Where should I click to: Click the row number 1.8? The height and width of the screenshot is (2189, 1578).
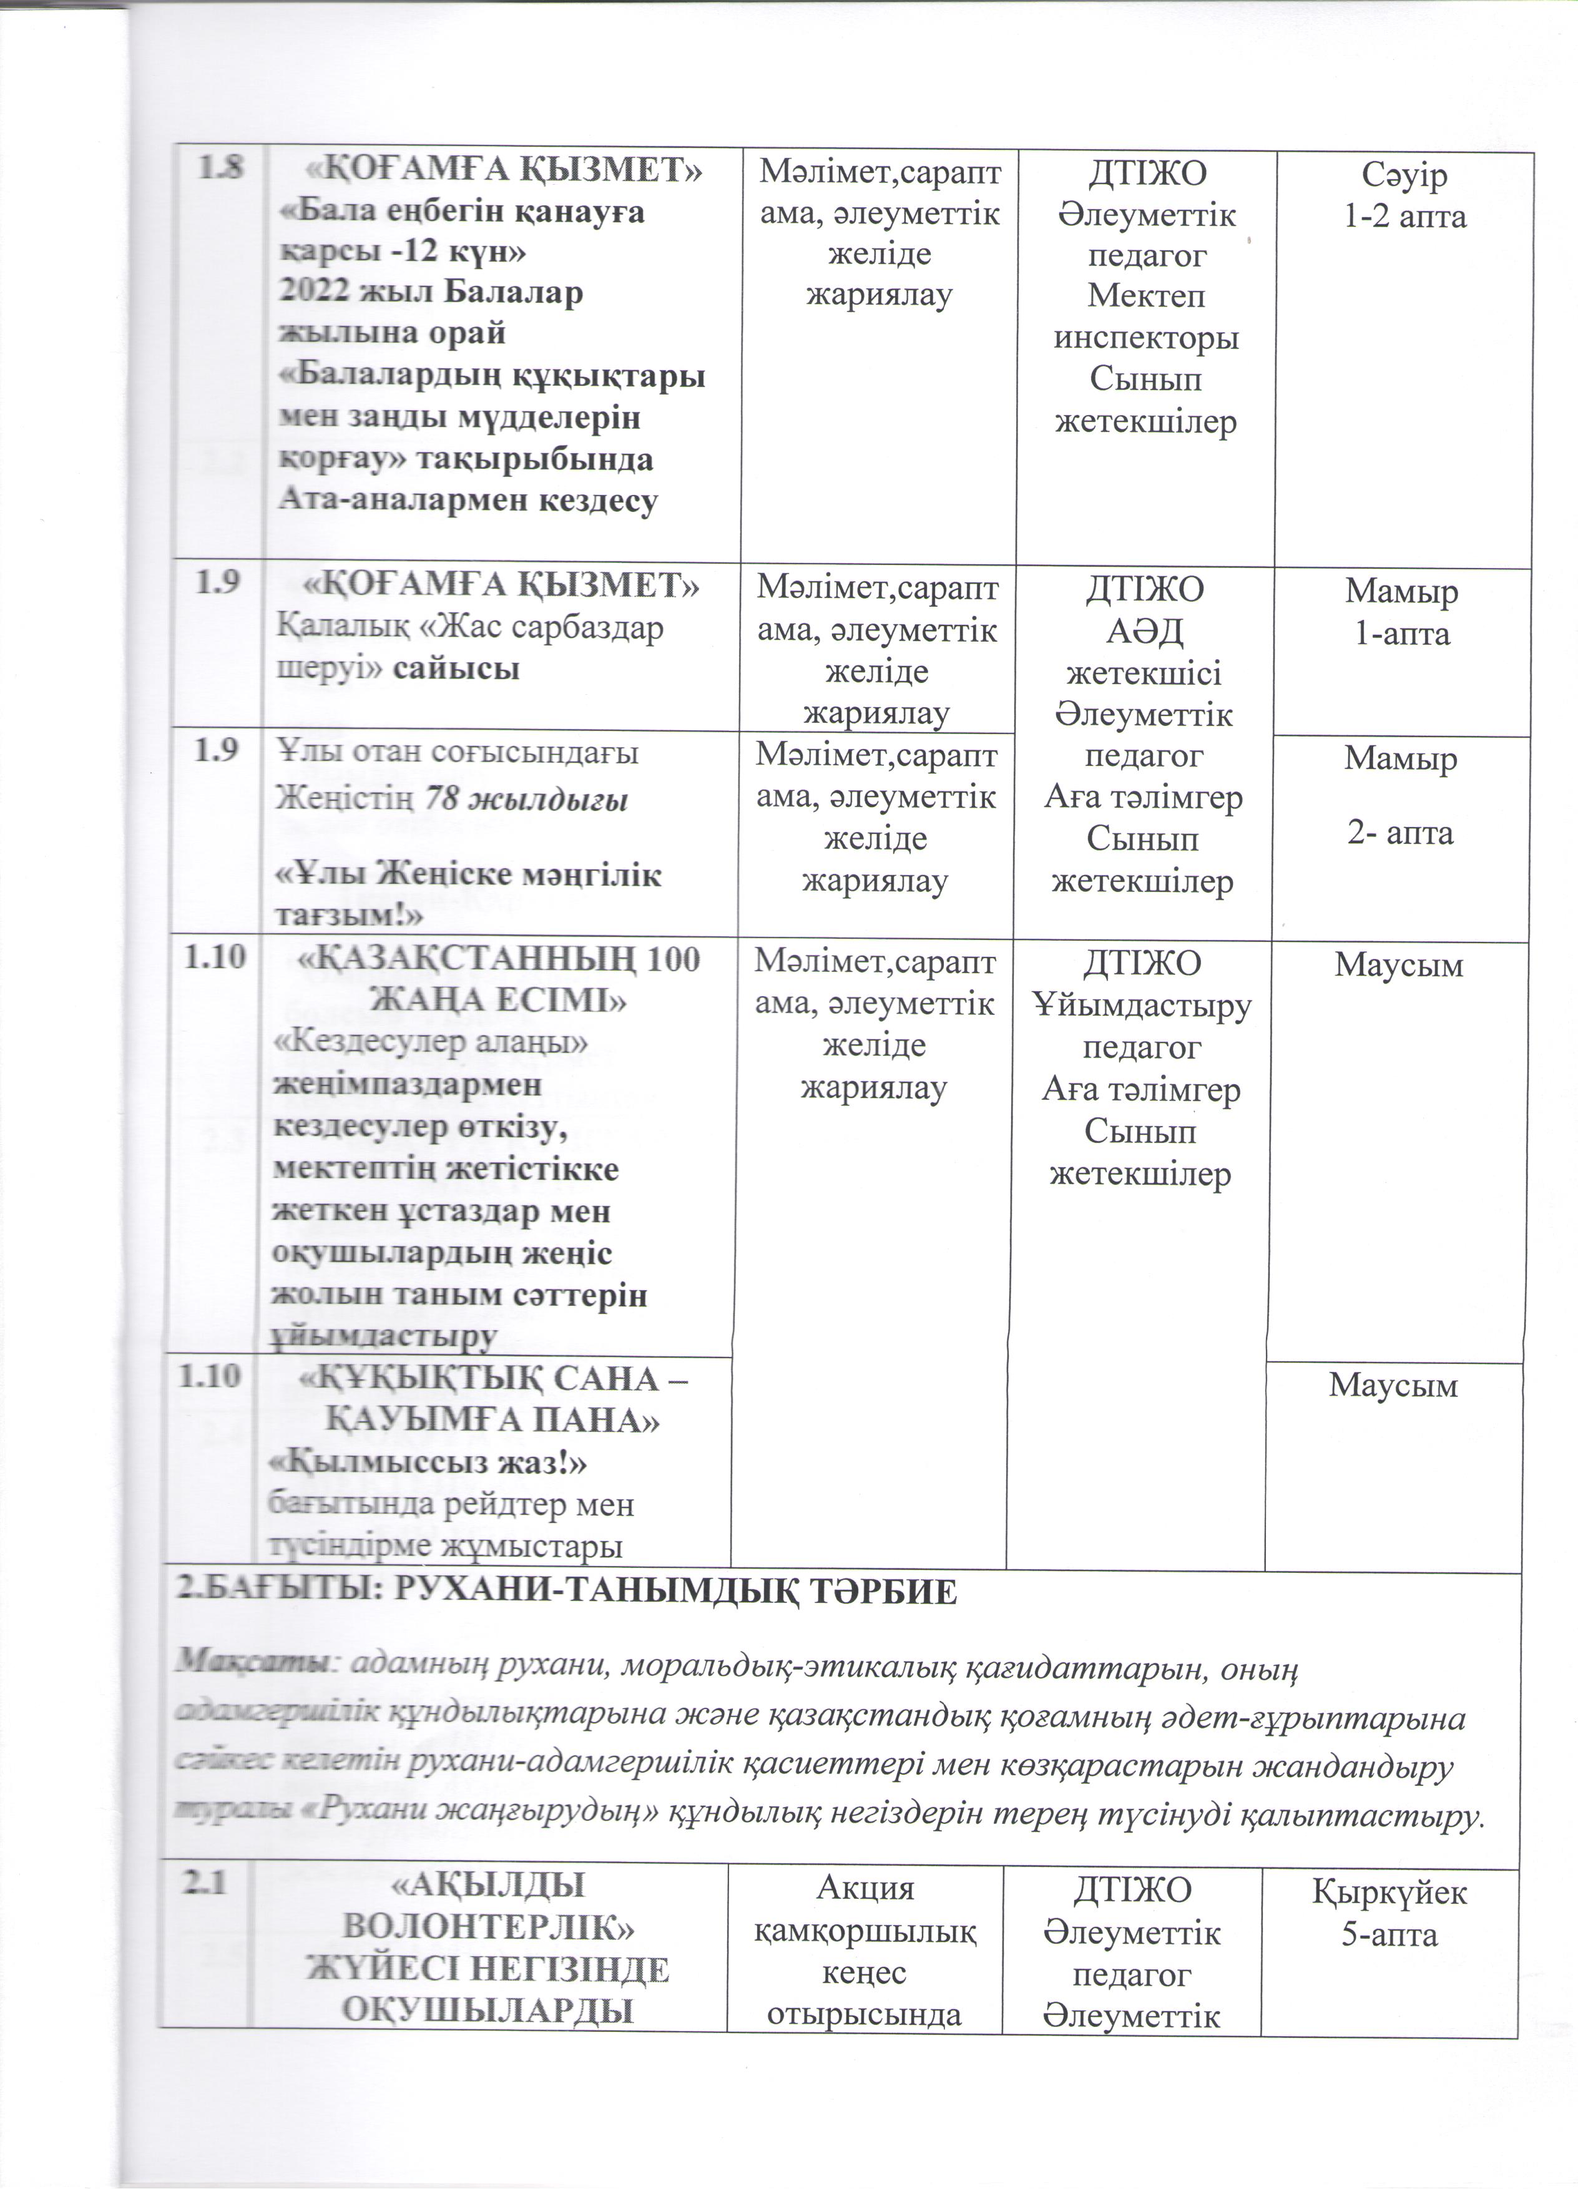[221, 170]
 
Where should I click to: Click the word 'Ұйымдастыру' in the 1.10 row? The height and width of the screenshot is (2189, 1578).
[1142, 1006]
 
